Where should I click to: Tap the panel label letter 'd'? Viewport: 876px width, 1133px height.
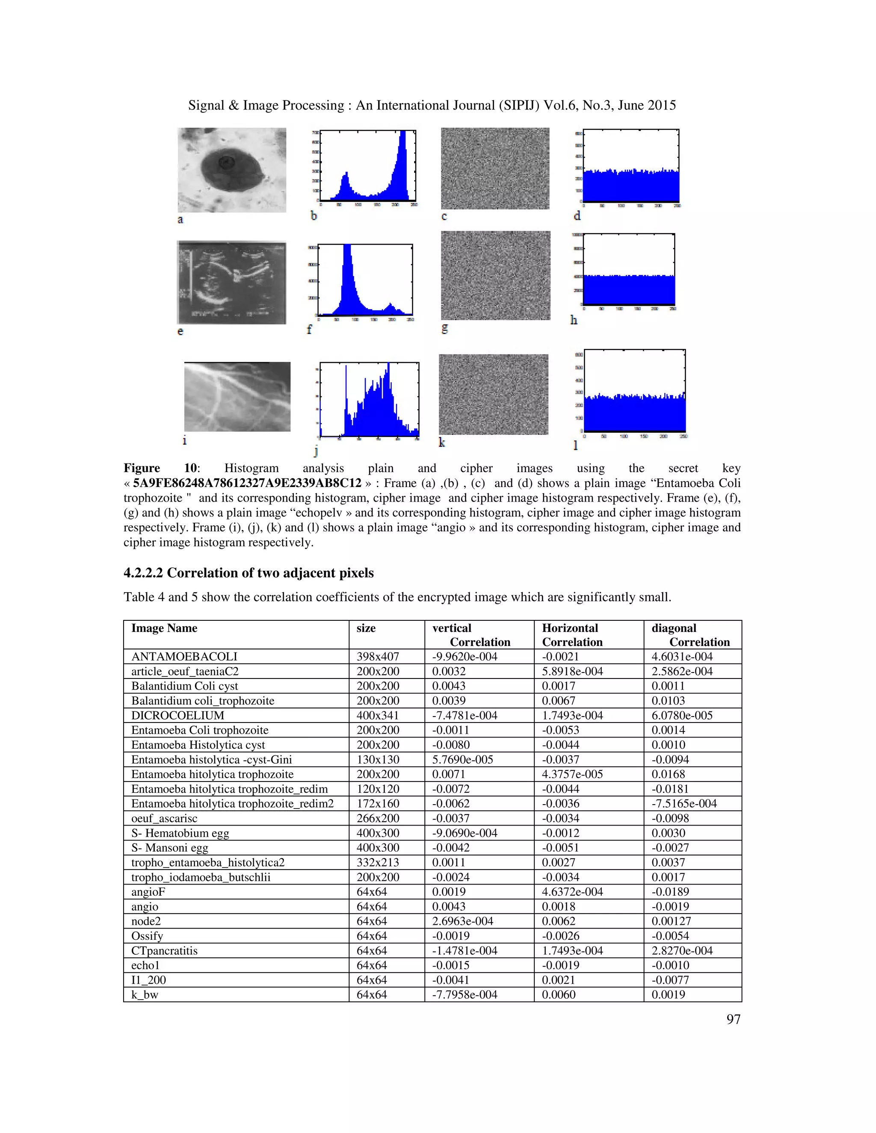[577, 216]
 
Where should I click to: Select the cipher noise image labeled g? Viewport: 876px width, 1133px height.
[495, 275]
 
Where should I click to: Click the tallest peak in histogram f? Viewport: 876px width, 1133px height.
[347, 249]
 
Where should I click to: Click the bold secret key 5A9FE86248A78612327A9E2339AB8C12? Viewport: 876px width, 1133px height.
[247, 483]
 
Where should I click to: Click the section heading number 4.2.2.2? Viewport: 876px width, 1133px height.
[143, 573]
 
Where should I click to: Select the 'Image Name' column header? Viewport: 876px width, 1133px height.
[164, 628]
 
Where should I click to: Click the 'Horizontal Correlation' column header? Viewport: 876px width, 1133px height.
[571, 635]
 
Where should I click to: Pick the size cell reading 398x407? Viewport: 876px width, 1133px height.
[378, 656]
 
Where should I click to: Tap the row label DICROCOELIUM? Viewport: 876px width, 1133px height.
[178, 715]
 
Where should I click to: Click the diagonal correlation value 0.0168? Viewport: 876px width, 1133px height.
[668, 774]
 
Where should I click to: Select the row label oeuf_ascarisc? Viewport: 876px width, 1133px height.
[164, 818]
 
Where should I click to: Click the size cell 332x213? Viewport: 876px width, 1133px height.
[378, 862]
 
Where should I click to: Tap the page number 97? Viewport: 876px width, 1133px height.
[733, 1019]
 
